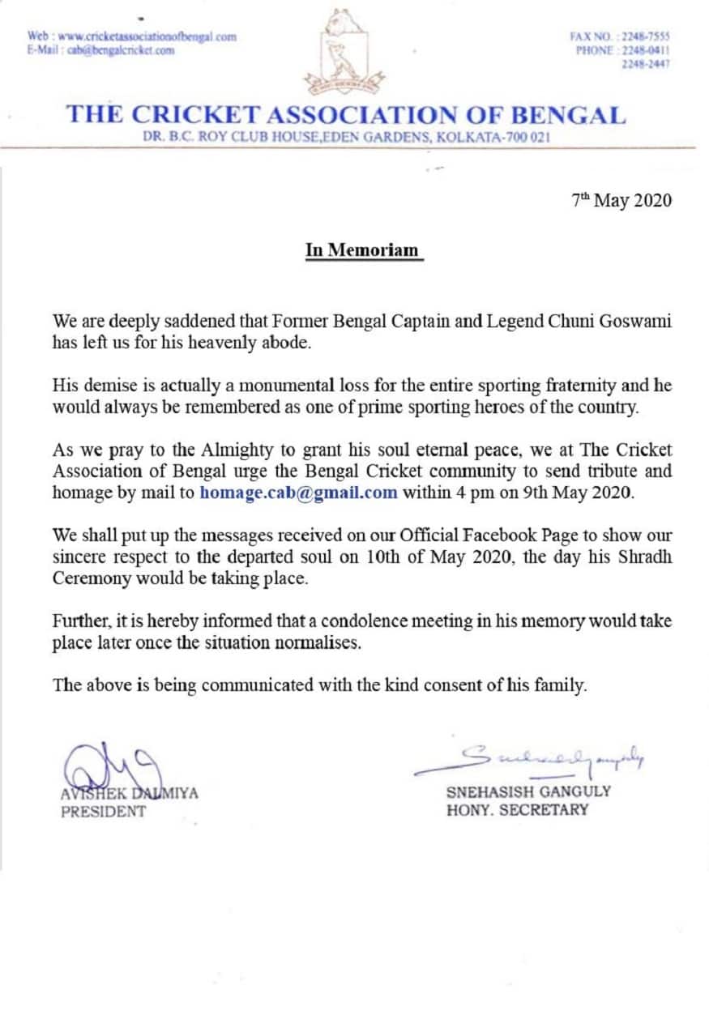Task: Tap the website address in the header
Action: (147, 36)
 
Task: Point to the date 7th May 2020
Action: (621, 201)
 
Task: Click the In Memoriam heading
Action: (363, 250)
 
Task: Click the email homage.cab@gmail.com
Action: (298, 493)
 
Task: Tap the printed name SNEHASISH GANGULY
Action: (528, 792)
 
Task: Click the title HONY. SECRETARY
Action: (517, 810)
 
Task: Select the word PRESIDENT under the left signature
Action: (104, 811)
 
